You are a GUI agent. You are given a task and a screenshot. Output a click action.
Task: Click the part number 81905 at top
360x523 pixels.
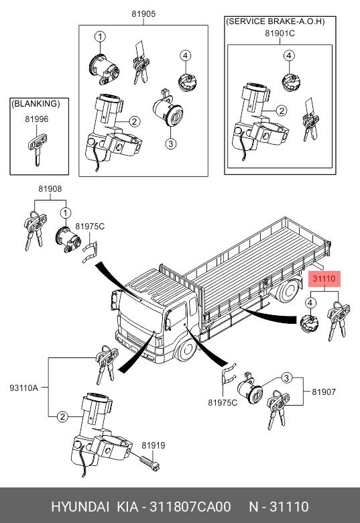[x=143, y=13]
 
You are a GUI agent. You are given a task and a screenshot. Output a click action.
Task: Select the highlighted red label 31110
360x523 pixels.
[x=324, y=278]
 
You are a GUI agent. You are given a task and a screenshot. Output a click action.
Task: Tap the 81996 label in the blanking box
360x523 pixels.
[x=37, y=119]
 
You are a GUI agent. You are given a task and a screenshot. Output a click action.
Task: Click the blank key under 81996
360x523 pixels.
[x=36, y=150]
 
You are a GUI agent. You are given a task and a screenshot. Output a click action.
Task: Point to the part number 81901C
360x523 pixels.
[x=280, y=34]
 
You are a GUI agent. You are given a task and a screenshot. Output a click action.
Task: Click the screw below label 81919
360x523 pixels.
[x=149, y=463]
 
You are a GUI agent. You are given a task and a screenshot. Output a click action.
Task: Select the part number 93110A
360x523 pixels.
[x=23, y=388]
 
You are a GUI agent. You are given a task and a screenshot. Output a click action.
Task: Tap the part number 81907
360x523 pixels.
[x=324, y=392]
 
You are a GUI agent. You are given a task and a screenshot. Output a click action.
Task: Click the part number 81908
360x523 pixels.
[x=50, y=189]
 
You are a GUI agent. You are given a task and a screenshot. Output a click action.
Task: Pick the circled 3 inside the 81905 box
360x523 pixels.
[x=171, y=143]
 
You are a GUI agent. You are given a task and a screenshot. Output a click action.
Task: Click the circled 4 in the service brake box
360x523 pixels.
[x=289, y=56]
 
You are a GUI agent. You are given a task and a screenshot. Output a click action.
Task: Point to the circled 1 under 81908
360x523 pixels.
[x=66, y=213]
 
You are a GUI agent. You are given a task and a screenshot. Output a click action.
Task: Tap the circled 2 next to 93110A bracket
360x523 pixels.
[x=62, y=416]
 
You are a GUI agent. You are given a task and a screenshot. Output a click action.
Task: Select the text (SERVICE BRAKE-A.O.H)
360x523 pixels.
[x=276, y=21]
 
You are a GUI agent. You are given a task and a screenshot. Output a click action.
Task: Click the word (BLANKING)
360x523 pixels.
[x=36, y=104]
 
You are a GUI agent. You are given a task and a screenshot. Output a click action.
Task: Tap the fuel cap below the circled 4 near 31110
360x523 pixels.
[x=309, y=325]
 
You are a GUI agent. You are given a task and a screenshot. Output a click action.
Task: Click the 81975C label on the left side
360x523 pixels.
[x=90, y=227]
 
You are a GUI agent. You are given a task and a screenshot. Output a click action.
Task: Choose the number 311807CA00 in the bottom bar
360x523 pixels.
[x=190, y=507]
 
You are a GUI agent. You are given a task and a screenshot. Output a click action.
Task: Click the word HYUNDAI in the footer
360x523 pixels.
[x=80, y=507]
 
